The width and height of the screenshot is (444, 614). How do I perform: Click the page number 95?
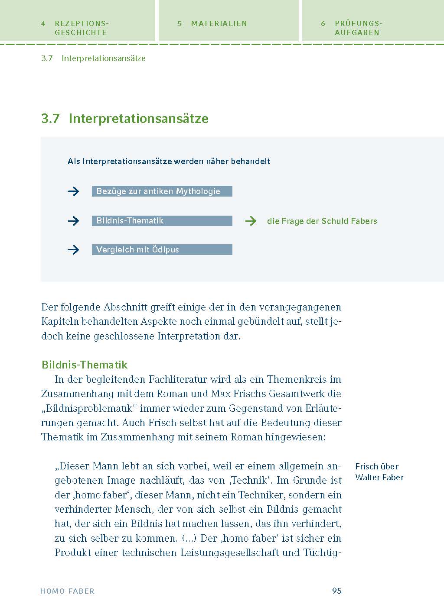(336, 591)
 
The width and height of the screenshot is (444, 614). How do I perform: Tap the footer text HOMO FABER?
(67, 591)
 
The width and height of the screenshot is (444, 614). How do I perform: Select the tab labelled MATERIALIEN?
(219, 23)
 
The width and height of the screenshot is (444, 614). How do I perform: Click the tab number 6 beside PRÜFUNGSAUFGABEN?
(323, 23)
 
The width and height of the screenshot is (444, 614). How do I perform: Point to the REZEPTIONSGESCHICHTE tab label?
(81, 28)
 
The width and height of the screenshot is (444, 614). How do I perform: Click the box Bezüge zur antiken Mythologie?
(162, 191)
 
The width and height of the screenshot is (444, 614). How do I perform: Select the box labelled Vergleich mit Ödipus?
(162, 249)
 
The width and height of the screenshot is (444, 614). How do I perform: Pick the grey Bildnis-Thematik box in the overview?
(162, 220)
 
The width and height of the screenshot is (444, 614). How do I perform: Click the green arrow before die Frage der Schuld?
(251, 221)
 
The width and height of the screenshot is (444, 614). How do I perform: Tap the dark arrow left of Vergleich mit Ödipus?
(74, 250)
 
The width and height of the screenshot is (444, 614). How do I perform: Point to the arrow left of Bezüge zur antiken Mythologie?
(74, 191)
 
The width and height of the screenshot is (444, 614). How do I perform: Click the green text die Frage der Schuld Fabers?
(322, 221)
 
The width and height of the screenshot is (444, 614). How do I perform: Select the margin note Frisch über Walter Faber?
(379, 472)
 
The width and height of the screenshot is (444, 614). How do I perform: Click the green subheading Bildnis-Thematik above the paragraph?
(85, 365)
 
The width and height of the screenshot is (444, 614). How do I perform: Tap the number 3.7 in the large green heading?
(50, 119)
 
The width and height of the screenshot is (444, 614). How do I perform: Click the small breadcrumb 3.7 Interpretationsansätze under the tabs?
(93, 58)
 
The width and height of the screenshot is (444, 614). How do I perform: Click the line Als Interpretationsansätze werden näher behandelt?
(169, 161)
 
